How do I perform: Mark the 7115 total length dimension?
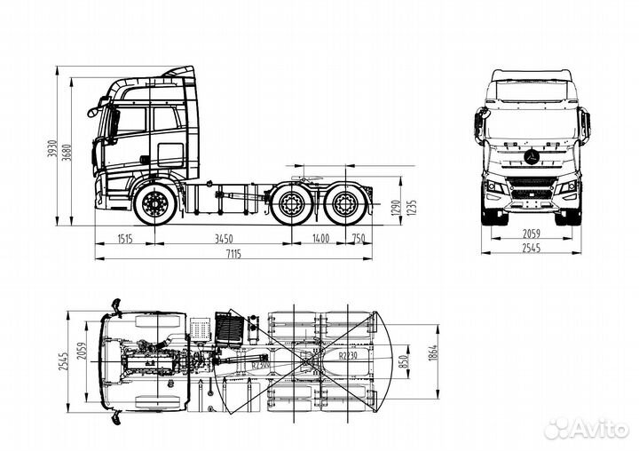coord(233,255)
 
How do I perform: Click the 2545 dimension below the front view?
coord(531,249)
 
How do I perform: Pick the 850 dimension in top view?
coord(405,362)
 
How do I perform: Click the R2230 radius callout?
coord(349,355)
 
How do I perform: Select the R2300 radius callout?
coord(260,364)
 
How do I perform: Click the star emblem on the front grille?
coord(531,157)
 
